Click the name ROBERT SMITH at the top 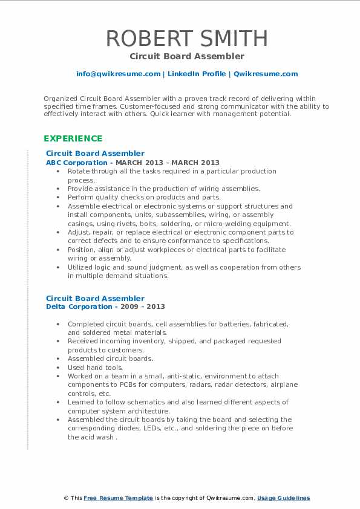(x=186, y=38)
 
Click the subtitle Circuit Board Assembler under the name (x=186, y=56)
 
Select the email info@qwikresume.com (x=118, y=74)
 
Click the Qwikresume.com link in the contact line (x=266, y=74)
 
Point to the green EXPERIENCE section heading (x=72, y=138)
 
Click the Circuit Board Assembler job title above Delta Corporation (x=95, y=298)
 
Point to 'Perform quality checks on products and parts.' (x=143, y=197)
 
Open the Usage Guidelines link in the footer (x=283, y=498)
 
